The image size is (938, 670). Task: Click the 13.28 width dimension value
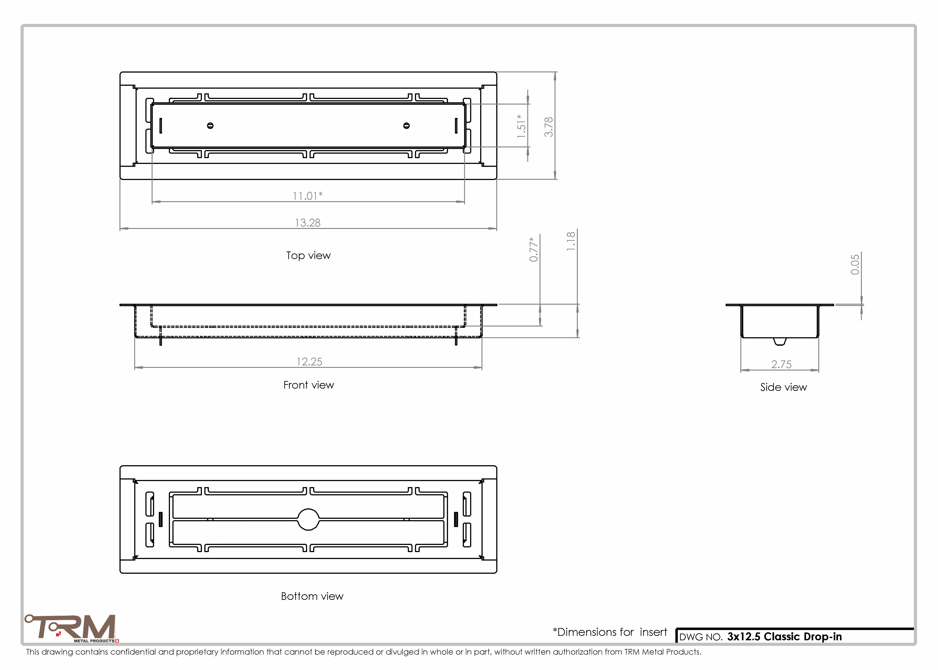coord(308,223)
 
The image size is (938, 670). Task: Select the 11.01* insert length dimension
coord(308,196)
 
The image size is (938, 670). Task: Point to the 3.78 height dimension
coord(549,127)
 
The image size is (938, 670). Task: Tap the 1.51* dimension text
coord(521,126)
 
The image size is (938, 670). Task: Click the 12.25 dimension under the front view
coord(309,362)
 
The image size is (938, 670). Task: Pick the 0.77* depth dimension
coord(533,249)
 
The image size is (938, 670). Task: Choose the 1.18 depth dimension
coord(571,241)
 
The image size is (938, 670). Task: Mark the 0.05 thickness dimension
coord(855,264)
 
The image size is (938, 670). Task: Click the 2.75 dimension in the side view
coord(781,364)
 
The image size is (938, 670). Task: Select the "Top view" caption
coord(309,255)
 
